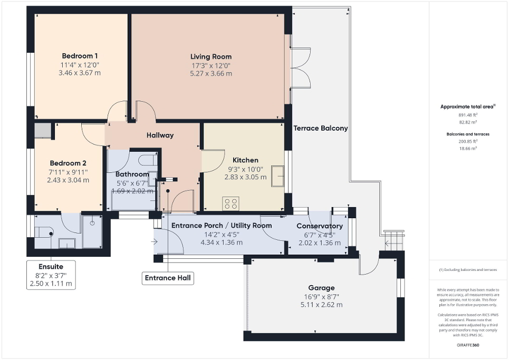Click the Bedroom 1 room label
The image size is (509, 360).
tap(80, 56)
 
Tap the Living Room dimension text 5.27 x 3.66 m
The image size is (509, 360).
tap(211, 74)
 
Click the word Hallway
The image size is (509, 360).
tap(160, 135)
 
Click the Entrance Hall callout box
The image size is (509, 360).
tap(168, 278)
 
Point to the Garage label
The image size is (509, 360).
tap(321, 288)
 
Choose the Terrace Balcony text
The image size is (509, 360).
tap(320, 128)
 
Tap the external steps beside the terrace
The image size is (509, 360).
tap(393, 241)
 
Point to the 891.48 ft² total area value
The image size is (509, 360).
tap(468, 115)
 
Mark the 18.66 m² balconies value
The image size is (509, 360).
tap(468, 149)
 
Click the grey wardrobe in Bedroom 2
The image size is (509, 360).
tap(42, 131)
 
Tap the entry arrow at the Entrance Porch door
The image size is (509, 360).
tap(153, 242)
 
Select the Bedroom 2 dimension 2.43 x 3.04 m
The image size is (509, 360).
tap(68, 180)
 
